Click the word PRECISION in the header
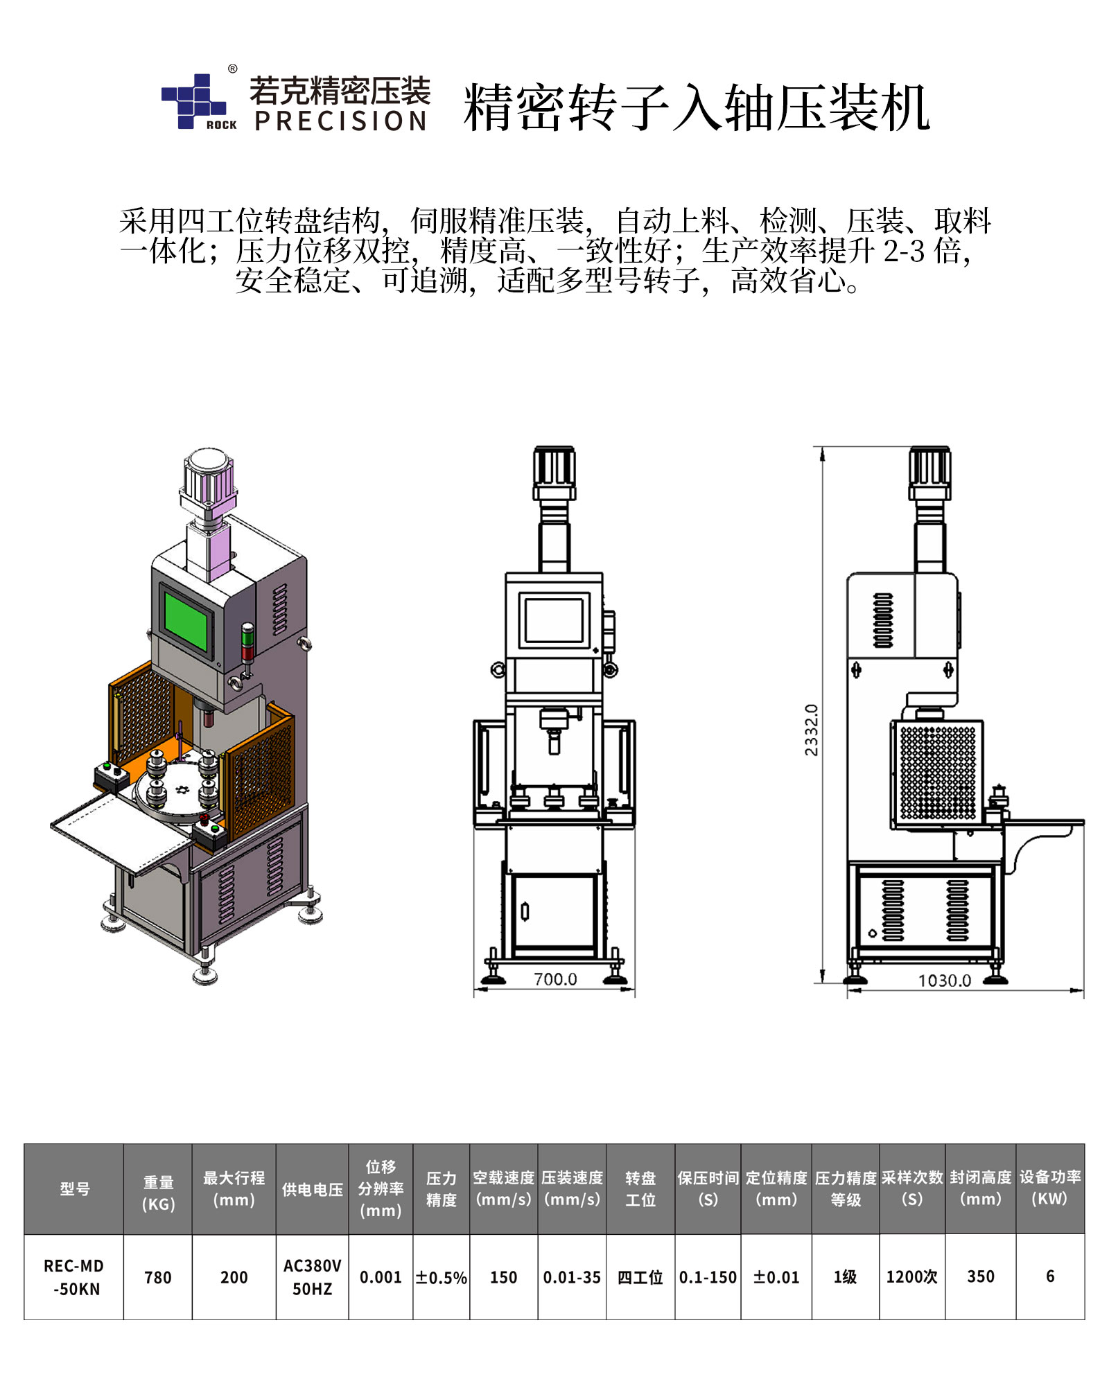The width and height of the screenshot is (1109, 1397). [x=340, y=121]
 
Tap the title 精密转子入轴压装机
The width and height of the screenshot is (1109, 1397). [x=697, y=107]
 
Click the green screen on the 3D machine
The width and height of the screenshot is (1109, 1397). [x=186, y=622]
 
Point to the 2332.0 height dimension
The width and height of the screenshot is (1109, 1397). [x=811, y=729]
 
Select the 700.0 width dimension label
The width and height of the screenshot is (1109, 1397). [x=555, y=979]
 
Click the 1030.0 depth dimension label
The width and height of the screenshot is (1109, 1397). [x=944, y=981]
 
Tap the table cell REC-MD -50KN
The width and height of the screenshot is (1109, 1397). [x=74, y=1277]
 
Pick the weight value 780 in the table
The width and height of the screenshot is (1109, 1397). [x=158, y=1277]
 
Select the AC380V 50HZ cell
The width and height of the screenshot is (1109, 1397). [x=313, y=1277]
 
